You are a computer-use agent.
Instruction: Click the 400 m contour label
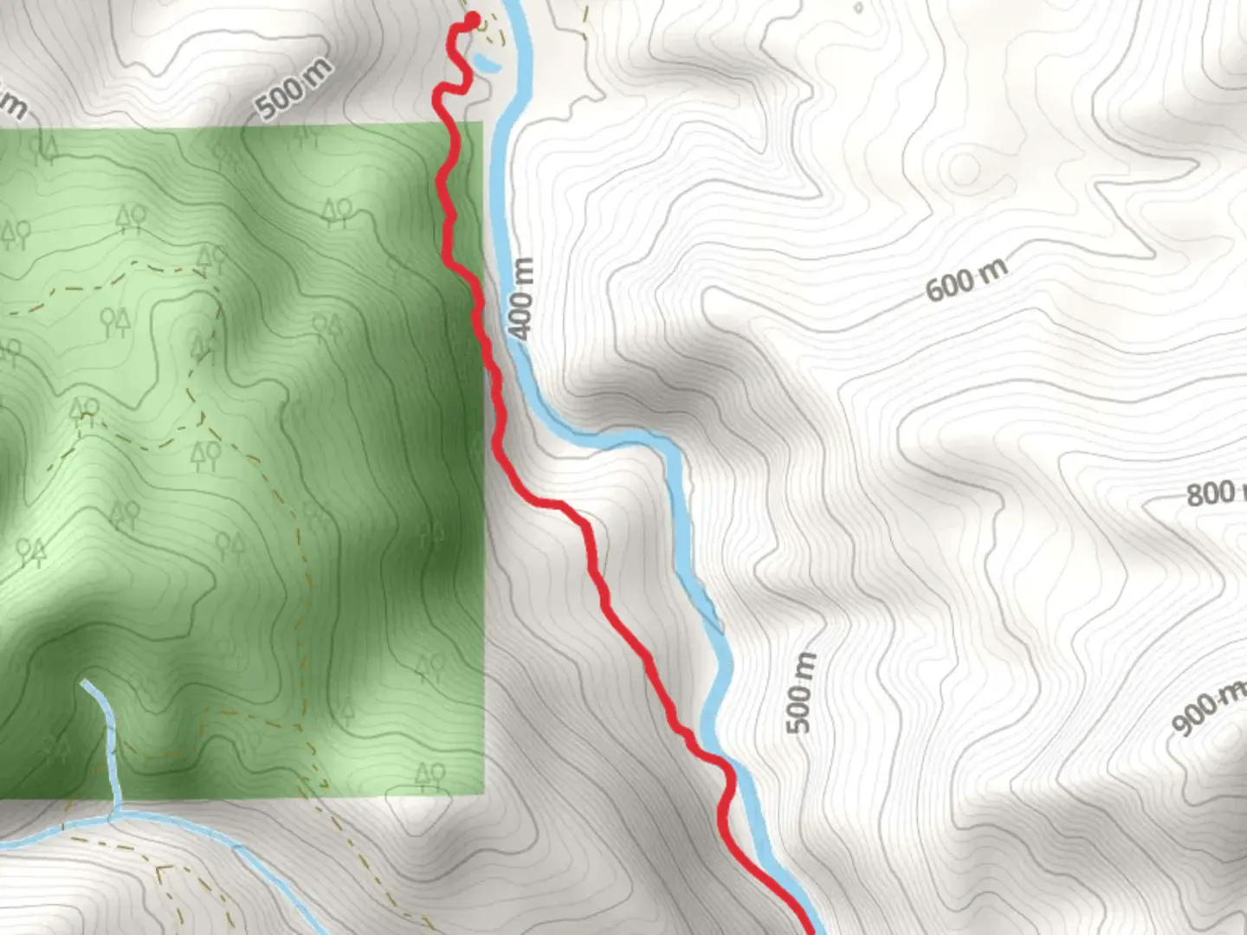[x=520, y=299]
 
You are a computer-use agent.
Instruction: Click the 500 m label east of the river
[x=801, y=693]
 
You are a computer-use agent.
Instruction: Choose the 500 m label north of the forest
[x=294, y=87]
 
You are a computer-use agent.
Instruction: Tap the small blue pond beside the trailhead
[x=486, y=63]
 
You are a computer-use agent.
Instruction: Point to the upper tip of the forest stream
[x=85, y=684]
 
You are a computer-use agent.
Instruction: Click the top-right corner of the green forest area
[x=482, y=124]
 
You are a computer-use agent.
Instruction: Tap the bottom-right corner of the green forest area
[x=482, y=794]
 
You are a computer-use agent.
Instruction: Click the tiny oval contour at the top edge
[x=857, y=8]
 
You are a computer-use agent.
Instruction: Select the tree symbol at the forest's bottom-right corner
[x=430, y=775]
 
